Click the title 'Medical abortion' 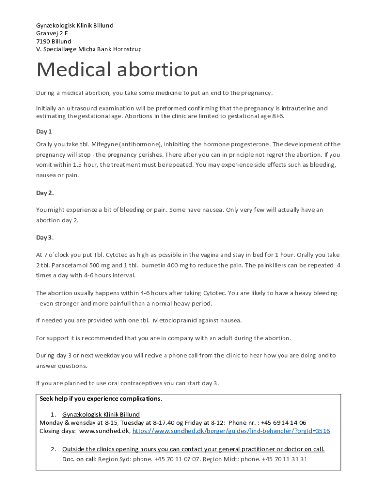pos(117,70)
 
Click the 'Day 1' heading pos(44,132)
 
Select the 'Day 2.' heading pos(45,193)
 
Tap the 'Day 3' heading pos(44,238)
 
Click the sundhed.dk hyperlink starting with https pos(231,431)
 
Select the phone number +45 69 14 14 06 pos(283,423)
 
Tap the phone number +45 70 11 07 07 pos(177,459)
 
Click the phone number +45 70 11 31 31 pos(284,459)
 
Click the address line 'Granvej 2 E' pos(52,33)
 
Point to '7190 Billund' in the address pos(53,41)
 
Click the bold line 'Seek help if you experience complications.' pos(100,399)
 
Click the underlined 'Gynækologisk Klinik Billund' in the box pos(101,415)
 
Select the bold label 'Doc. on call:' pos(79,459)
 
